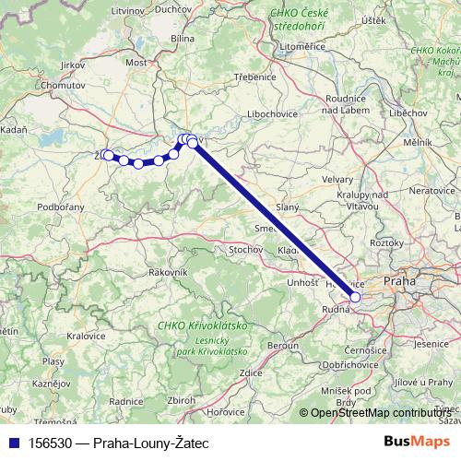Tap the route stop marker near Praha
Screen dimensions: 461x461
click(x=355, y=297)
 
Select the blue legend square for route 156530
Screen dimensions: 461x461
click(x=13, y=442)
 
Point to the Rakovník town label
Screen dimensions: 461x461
click(x=168, y=272)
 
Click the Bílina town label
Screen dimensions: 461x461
click(x=183, y=39)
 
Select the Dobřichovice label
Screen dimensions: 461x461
click(x=343, y=366)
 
